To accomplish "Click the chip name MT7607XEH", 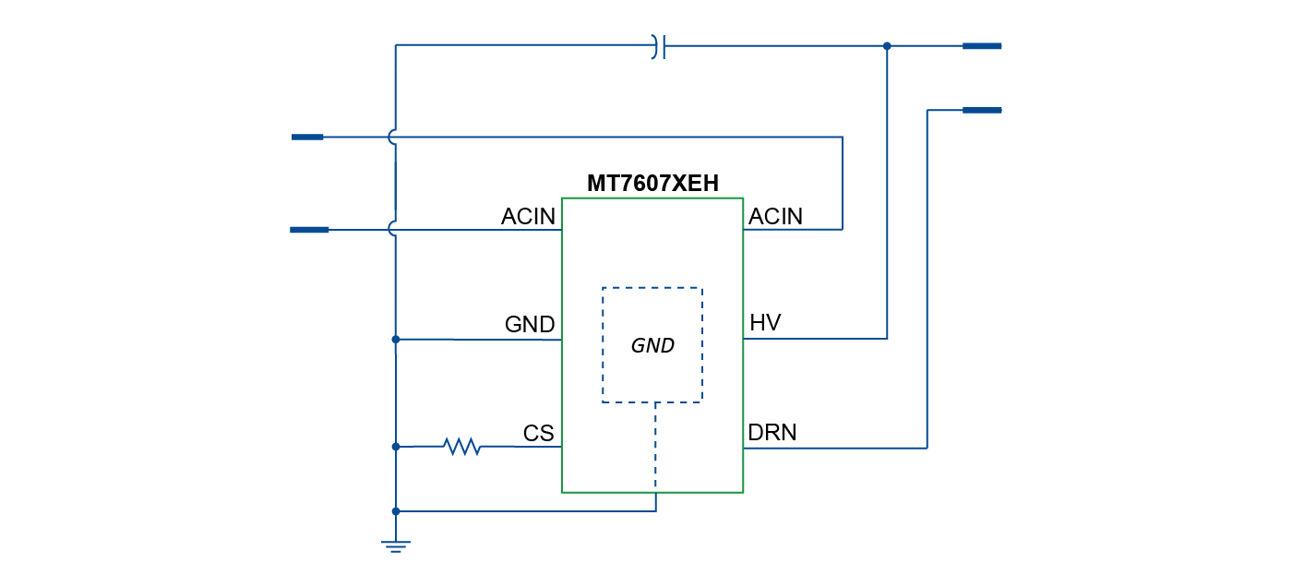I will pos(652,184).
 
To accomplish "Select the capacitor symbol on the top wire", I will pos(658,46).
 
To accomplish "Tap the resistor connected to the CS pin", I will pos(461,447).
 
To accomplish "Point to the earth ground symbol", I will pos(396,545).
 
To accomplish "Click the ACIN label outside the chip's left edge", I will pos(528,217).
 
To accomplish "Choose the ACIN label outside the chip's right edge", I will pos(775,217).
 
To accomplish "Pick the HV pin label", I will pos(765,323).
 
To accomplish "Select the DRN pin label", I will pos(772,432).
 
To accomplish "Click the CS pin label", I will pos(538,434).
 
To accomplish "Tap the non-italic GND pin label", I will pos(529,325).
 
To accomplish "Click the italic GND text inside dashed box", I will pos(652,346).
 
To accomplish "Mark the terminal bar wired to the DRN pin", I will pos(981,111).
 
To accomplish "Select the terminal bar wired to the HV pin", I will pos(981,45).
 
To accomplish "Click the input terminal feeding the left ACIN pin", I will pos(309,230).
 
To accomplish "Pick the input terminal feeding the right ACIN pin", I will pos(307,138).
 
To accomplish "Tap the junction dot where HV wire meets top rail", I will pos(887,46).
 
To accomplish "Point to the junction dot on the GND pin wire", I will pos(396,340).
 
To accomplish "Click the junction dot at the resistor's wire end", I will pos(396,447).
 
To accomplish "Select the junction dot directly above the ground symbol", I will pos(396,511).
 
